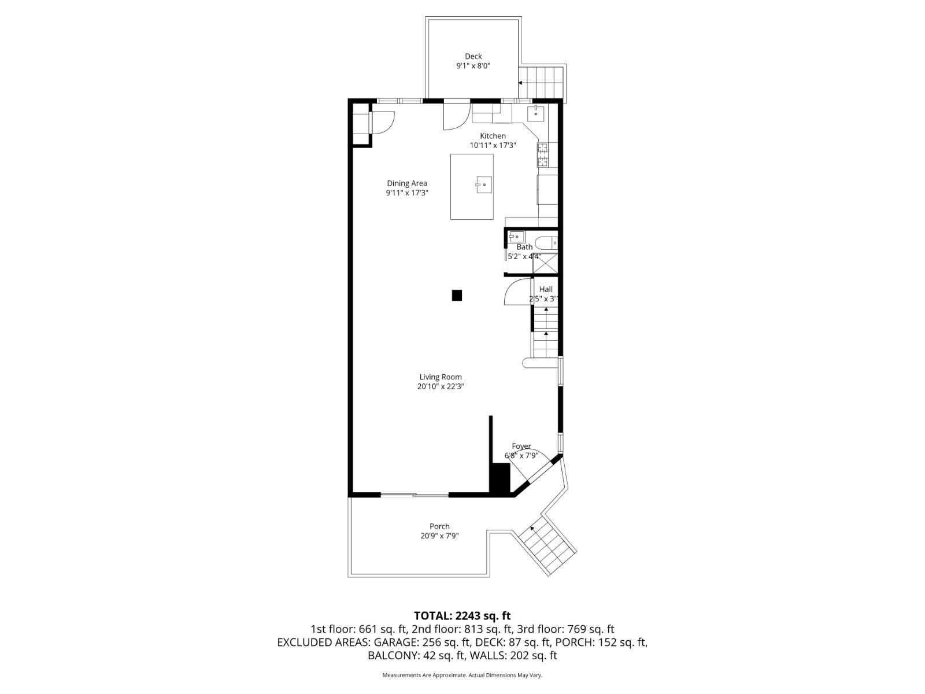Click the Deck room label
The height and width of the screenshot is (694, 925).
click(x=473, y=56)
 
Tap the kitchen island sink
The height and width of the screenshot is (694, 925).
click(x=484, y=185)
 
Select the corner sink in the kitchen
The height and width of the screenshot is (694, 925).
click(x=536, y=113)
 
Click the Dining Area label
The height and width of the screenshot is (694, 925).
click(x=407, y=183)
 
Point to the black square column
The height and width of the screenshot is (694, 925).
click(x=457, y=296)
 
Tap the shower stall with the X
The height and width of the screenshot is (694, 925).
click(x=545, y=263)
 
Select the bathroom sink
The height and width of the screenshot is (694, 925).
click(x=516, y=236)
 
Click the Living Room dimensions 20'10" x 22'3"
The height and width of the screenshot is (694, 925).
click(x=441, y=387)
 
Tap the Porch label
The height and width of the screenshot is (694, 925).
click(x=439, y=526)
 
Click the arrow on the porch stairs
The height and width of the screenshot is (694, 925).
click(x=532, y=528)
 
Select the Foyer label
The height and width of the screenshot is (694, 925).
click(x=521, y=446)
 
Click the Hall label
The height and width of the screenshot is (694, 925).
click(x=546, y=289)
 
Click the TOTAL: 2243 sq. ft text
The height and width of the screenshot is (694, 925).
click(x=462, y=616)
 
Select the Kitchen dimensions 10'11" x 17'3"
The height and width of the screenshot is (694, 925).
click(x=493, y=146)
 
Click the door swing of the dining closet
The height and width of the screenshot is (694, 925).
click(x=382, y=123)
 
